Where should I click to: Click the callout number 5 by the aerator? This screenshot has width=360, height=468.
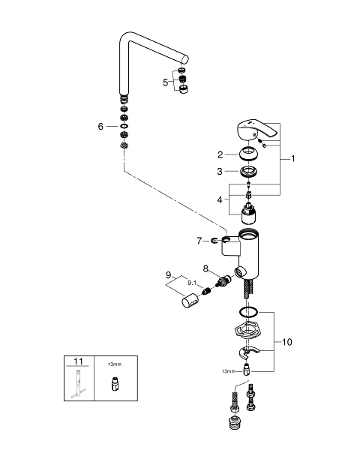pyautogui.click(x=165, y=82)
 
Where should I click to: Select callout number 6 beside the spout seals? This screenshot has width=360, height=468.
pyautogui.click(x=100, y=127)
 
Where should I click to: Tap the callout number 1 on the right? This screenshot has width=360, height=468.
pyautogui.click(x=293, y=158)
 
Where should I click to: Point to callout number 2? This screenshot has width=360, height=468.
pyautogui.click(x=220, y=154)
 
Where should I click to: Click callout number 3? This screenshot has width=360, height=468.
pyautogui.click(x=220, y=171)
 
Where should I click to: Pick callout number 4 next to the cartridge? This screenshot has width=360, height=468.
pyautogui.click(x=220, y=199)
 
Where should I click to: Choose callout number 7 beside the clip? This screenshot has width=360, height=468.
pyautogui.click(x=199, y=241)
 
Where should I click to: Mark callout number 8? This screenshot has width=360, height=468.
pyautogui.click(x=205, y=268)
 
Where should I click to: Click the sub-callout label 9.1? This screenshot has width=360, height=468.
pyautogui.click(x=192, y=283)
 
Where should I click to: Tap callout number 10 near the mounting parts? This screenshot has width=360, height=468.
pyautogui.click(x=287, y=342)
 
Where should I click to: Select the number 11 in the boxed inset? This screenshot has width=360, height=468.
pyautogui.click(x=78, y=361)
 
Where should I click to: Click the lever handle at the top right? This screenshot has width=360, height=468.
pyautogui.click(x=257, y=130)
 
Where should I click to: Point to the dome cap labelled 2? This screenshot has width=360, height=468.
pyautogui.click(x=249, y=154)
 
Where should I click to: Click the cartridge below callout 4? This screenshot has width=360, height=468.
pyautogui.click(x=249, y=214)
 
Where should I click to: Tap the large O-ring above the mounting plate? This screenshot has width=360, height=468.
pyautogui.click(x=248, y=312)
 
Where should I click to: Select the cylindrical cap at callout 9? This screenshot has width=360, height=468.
pyautogui.click(x=190, y=301)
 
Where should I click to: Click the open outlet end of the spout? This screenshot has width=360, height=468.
pyautogui.click(x=185, y=59)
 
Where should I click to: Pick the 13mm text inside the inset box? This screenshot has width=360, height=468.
pyautogui.click(x=115, y=364)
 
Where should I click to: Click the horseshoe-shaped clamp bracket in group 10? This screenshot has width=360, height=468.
pyautogui.click(x=248, y=352)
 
